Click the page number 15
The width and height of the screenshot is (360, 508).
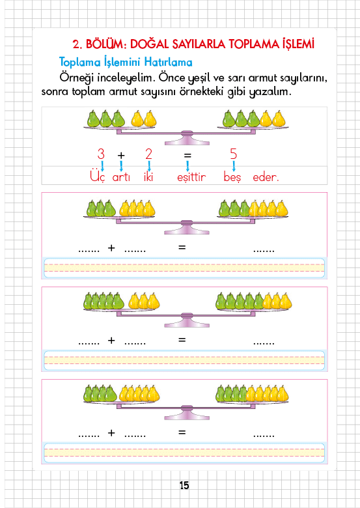(x=184, y=485)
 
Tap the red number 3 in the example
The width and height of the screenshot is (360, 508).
(x=101, y=154)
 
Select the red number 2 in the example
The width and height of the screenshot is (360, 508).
(x=148, y=154)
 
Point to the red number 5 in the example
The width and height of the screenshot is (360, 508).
(x=234, y=154)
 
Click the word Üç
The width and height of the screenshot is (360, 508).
(x=98, y=176)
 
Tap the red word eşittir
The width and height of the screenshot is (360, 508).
(x=191, y=177)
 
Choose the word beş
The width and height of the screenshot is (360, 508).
(x=232, y=176)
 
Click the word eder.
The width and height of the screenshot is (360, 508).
(x=266, y=177)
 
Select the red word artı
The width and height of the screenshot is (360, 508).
(x=121, y=178)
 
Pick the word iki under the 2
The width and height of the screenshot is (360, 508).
(x=148, y=176)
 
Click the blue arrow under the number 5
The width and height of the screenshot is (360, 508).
(x=234, y=166)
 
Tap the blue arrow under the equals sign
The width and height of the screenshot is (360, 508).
(x=187, y=166)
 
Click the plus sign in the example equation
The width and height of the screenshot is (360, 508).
(x=121, y=156)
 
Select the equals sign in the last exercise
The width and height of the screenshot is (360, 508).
(x=182, y=432)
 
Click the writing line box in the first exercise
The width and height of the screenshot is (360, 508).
(x=184, y=268)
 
